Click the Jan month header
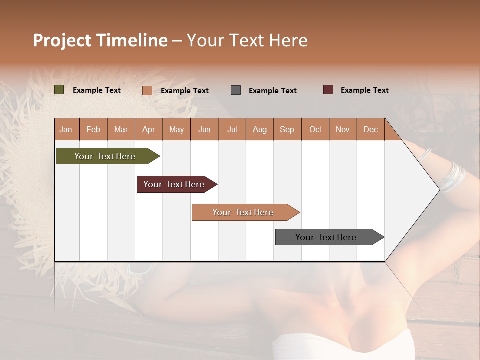pyautogui.click(x=66, y=130)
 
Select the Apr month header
pyautogui.click(x=148, y=130)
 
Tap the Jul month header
pyautogui.click(x=232, y=130)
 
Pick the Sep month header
pyautogui.click(x=287, y=130)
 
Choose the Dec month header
pyautogui.click(x=370, y=130)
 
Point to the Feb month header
pyautogui.click(x=93, y=130)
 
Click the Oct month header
pyautogui.click(x=315, y=130)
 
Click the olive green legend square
pyautogui.click(x=59, y=90)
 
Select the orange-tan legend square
pyautogui.click(x=147, y=90)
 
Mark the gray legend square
pyautogui.click(x=236, y=90)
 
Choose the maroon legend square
pyautogui.click(x=328, y=90)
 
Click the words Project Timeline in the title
pyautogui.click(x=100, y=40)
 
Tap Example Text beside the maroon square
pyautogui.click(x=364, y=90)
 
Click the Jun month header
pyautogui.click(x=204, y=130)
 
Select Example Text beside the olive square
pyautogui.click(x=96, y=90)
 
